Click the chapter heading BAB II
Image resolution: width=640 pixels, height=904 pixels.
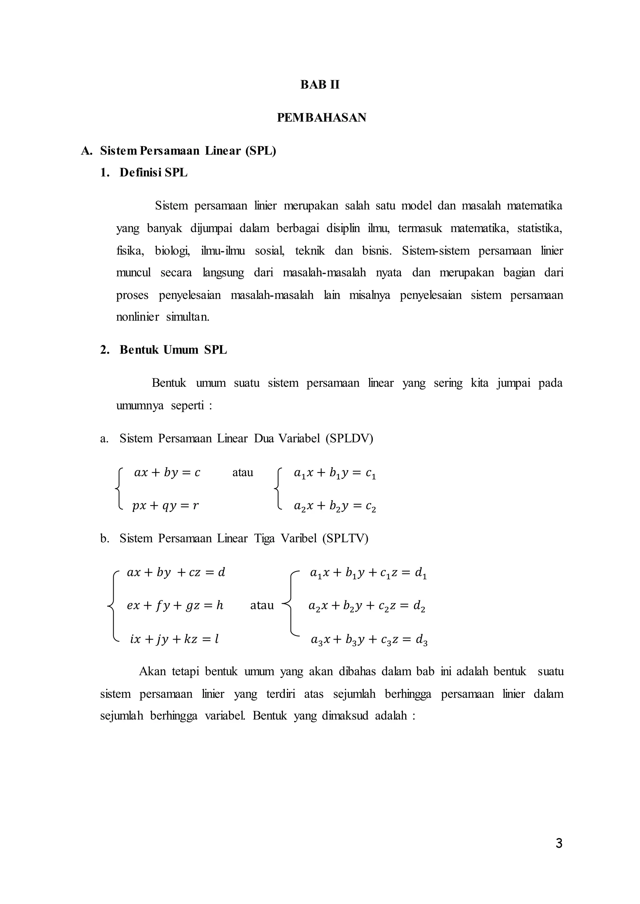(320, 85)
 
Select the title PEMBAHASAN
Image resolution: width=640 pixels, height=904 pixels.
(322, 117)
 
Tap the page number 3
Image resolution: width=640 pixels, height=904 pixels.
(559, 844)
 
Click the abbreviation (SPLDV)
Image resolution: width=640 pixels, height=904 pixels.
(349, 438)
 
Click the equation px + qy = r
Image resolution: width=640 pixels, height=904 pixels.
(166, 506)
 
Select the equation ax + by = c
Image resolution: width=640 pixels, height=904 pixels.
(167, 473)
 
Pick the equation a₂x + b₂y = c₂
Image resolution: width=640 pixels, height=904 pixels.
(335, 507)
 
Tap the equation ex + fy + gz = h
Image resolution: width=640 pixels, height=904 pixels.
(175, 605)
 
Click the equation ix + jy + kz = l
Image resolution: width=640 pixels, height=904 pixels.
(174, 639)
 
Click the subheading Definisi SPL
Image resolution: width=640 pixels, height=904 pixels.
(153, 172)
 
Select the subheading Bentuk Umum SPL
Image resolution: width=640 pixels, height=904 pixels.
(173, 350)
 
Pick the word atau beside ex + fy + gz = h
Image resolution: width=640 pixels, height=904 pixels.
(262, 605)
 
